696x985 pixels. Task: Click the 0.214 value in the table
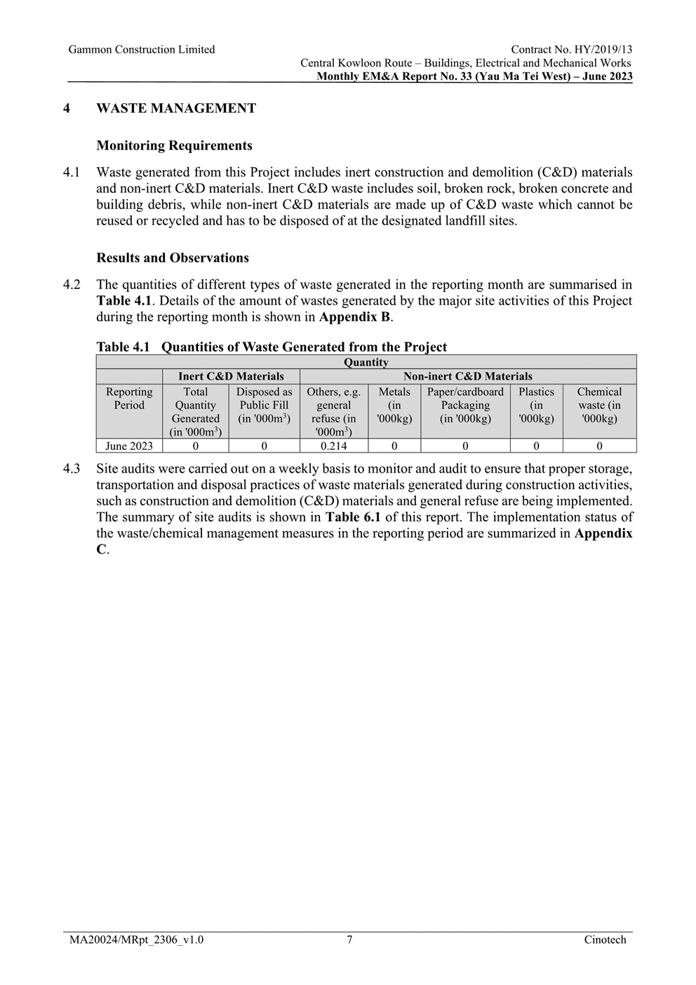(333, 446)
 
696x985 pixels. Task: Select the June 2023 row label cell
(129, 446)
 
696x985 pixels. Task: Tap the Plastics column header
(536, 406)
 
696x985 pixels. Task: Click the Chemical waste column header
(599, 406)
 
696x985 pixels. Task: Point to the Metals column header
(394, 406)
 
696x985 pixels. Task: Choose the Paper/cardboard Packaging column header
(465, 406)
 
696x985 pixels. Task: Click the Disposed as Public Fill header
(264, 406)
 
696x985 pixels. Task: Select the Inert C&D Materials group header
(231, 377)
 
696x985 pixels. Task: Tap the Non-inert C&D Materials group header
(467, 377)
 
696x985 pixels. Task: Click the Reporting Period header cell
(129, 398)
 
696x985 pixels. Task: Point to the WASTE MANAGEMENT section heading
(176, 109)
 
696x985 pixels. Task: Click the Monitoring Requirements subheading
(174, 146)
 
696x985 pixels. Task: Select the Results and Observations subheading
(173, 258)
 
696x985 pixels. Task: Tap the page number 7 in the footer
(349, 940)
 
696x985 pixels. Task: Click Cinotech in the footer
(605, 940)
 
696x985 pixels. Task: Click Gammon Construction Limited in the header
(142, 50)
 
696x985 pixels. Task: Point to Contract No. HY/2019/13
(571, 50)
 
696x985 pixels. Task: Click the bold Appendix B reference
(354, 317)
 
